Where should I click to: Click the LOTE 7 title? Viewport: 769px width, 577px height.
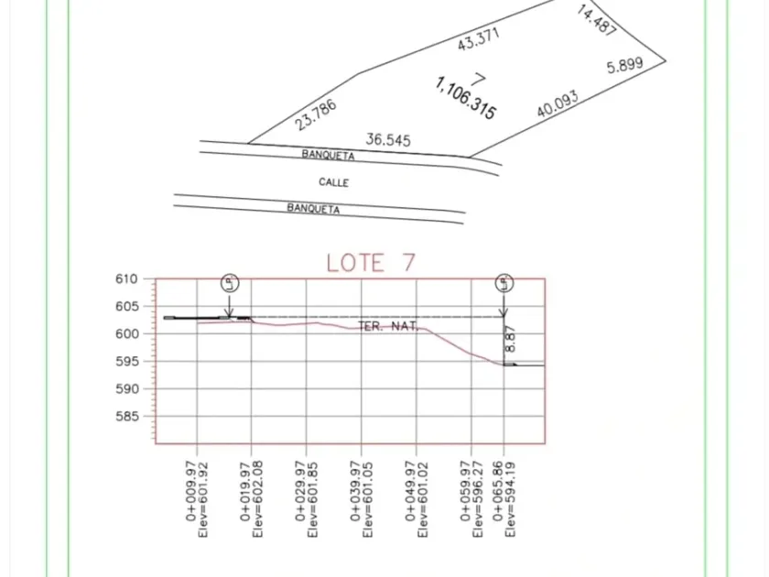(x=371, y=263)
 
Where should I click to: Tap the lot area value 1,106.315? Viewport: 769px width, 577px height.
(x=465, y=98)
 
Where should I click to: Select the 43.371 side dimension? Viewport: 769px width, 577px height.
(x=478, y=38)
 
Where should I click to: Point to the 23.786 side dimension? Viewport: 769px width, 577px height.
(x=316, y=114)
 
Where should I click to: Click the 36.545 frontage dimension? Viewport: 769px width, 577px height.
(x=388, y=140)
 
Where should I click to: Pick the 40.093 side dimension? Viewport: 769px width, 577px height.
(x=558, y=104)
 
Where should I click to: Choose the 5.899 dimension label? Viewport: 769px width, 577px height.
(x=624, y=65)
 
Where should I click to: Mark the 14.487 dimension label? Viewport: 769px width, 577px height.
(x=596, y=20)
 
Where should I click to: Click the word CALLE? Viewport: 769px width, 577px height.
(x=334, y=182)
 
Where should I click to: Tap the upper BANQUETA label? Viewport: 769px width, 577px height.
(x=328, y=155)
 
